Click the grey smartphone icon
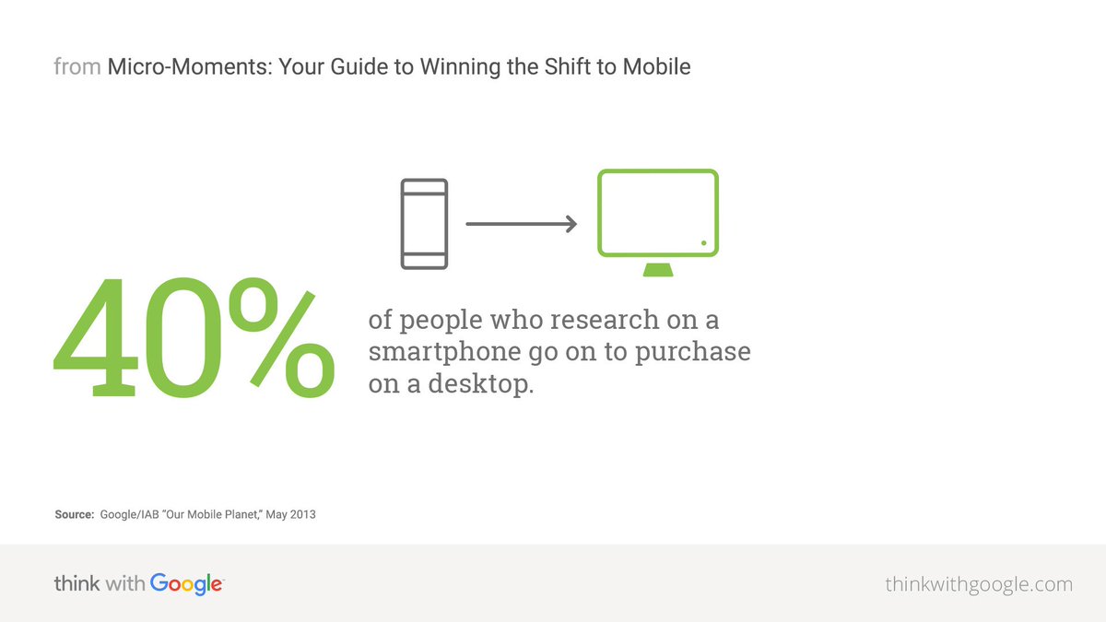(x=424, y=224)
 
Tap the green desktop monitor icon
(x=657, y=214)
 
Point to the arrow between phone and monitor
(x=521, y=224)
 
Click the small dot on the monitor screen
(x=703, y=243)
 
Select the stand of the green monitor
(x=658, y=269)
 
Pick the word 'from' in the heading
(x=76, y=66)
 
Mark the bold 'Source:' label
(x=73, y=514)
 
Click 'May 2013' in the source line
(x=290, y=514)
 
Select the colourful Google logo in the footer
(x=185, y=583)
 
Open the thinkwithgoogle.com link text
(x=979, y=584)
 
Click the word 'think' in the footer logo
(x=76, y=583)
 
